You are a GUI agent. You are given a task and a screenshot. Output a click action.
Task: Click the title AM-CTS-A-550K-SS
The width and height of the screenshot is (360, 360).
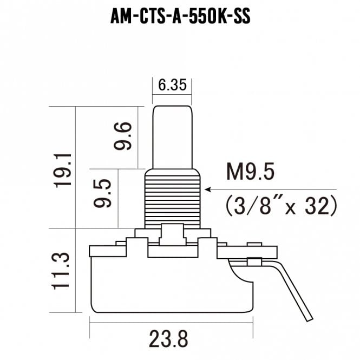coord(180,17)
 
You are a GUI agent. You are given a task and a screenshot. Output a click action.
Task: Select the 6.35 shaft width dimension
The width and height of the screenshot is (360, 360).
coord(172,85)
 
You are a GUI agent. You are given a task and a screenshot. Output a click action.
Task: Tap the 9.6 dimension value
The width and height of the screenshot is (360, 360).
coord(123,136)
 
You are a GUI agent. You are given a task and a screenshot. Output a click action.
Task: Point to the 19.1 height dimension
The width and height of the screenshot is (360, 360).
coord(63,171)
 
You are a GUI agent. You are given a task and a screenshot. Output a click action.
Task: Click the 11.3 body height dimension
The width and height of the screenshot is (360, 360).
coord(60,271)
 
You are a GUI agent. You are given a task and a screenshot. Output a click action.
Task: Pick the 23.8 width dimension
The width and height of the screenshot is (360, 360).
coord(168,339)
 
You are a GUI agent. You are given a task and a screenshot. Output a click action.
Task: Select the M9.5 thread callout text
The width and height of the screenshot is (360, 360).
coord(250,171)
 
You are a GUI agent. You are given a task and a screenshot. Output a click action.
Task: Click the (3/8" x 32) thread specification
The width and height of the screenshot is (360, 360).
coord(282,206)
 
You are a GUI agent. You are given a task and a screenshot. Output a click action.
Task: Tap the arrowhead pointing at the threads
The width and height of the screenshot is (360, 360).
coord(208,189)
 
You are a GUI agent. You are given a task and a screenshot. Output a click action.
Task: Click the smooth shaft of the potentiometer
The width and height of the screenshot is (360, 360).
coord(173,138)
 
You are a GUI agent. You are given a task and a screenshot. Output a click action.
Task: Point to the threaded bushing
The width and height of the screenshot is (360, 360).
coord(173,199)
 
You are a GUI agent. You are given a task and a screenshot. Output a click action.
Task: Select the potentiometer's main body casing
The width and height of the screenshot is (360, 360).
coord(172,285)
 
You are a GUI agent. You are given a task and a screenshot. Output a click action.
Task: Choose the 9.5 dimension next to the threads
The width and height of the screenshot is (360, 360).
coord(103,193)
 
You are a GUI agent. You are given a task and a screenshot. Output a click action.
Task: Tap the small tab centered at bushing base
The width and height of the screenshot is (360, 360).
coord(173,234)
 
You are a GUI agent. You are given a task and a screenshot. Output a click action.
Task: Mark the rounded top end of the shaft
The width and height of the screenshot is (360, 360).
coord(173,107)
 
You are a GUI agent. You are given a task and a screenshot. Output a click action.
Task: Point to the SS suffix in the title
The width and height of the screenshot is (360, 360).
coord(242,17)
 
